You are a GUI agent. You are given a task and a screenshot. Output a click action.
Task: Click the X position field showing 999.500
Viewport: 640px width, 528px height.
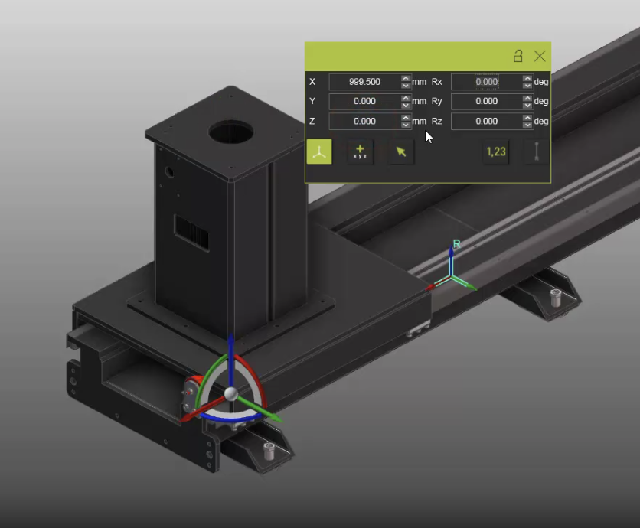click(364, 82)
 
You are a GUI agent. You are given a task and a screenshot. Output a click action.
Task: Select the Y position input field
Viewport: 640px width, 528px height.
click(364, 101)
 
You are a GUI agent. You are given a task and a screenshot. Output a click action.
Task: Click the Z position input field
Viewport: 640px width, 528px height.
click(364, 121)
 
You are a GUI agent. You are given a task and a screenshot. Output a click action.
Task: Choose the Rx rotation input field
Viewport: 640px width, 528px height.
click(486, 82)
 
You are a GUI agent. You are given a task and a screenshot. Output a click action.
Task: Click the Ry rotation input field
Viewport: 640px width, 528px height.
click(486, 101)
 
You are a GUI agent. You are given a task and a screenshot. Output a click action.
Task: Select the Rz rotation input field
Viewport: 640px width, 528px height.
click(486, 121)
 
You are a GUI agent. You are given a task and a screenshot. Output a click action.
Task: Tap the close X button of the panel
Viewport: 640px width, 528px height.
click(540, 56)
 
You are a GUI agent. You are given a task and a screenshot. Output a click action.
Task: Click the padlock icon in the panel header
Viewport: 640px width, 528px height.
click(518, 56)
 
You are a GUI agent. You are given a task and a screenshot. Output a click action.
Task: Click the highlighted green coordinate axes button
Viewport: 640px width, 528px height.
click(319, 152)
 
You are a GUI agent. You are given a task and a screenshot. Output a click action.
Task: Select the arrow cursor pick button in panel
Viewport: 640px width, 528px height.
click(400, 152)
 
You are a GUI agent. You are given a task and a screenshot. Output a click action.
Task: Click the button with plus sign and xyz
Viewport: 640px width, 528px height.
click(360, 152)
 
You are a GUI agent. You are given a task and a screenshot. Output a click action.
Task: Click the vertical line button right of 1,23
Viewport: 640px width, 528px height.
click(537, 152)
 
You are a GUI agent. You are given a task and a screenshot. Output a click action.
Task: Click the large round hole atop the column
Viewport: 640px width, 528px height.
click(230, 132)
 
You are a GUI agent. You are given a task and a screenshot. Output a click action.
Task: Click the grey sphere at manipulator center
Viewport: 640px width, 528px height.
click(230, 393)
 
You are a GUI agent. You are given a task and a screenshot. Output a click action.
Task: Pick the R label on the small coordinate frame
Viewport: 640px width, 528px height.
click(456, 244)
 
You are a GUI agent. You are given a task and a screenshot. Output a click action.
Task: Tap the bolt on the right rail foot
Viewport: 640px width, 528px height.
click(556, 295)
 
